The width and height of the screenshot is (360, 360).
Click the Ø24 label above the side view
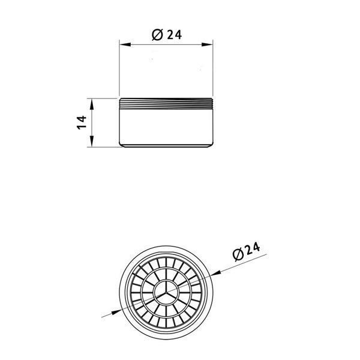tap(167, 35)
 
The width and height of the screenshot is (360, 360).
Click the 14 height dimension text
tap(82, 122)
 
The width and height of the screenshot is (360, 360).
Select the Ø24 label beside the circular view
tap(246, 251)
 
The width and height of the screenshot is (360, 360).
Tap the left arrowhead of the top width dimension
tap(125, 44)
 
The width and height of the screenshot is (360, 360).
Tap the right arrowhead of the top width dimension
tap(207, 44)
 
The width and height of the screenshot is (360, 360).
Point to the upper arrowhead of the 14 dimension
tap(92, 104)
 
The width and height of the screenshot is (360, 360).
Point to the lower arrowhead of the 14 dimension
tap(92, 141)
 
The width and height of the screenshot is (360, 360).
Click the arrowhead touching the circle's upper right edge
tap(216, 272)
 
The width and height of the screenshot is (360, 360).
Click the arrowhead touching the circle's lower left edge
tap(116, 312)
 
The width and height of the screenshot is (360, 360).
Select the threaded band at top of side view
tap(166, 104)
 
